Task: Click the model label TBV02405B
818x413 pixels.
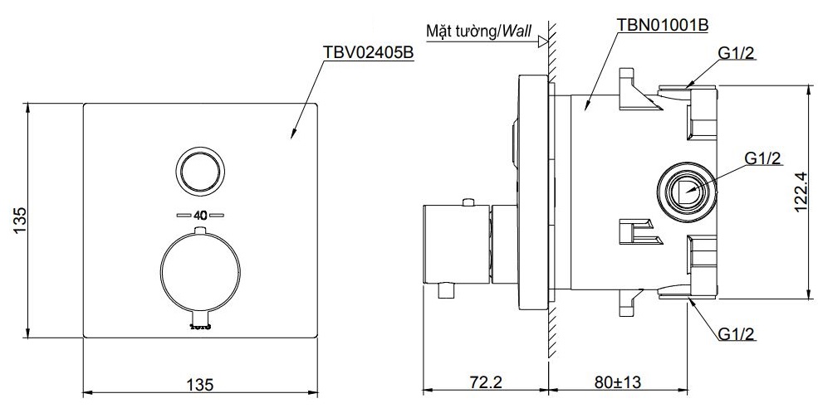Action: point(368,52)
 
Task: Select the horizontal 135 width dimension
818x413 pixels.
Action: point(200,384)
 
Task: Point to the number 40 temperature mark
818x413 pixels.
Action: point(200,215)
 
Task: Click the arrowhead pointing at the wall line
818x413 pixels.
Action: point(542,38)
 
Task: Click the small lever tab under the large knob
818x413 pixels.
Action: point(200,316)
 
